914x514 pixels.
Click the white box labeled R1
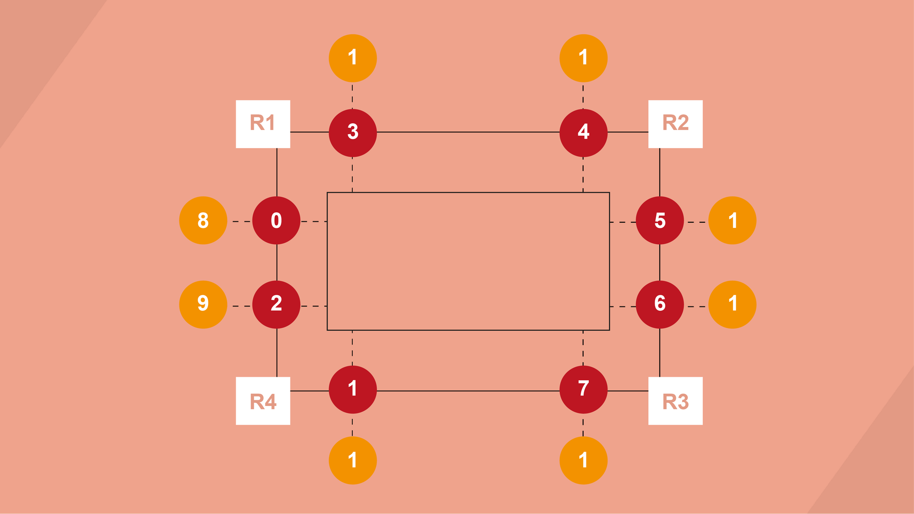tap(263, 124)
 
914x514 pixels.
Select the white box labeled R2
tap(675, 124)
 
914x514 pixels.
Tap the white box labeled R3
tap(675, 401)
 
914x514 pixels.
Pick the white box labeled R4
tap(263, 401)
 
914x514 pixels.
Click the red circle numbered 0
tap(276, 220)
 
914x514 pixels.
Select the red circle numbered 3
tap(353, 132)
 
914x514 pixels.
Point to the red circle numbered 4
tap(583, 132)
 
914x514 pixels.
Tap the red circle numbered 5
tap(660, 220)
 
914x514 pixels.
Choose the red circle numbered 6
tap(660, 304)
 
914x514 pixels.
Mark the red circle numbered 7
tap(583, 389)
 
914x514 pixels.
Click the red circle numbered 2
tap(276, 304)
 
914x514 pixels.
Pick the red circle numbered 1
tap(353, 389)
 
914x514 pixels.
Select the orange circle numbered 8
tap(203, 220)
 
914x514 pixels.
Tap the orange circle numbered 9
tap(203, 304)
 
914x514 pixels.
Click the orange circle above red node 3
tap(353, 58)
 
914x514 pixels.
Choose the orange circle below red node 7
tap(583, 460)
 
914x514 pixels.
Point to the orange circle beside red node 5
tap(732, 220)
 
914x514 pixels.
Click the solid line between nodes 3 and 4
tap(468, 132)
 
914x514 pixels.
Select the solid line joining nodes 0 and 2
tap(277, 262)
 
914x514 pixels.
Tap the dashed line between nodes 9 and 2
tap(241, 306)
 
